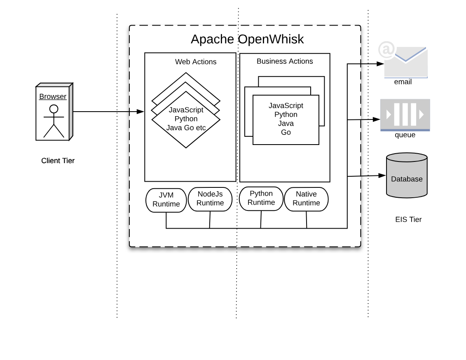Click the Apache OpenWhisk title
(x=247, y=39)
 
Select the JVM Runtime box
(x=166, y=200)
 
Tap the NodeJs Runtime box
(x=210, y=199)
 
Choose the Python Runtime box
(x=261, y=199)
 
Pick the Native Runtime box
(x=306, y=199)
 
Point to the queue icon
(x=405, y=114)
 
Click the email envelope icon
(x=406, y=63)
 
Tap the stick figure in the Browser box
(x=54, y=121)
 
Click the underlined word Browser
(x=53, y=96)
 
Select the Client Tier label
(x=58, y=161)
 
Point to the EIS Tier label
(x=408, y=220)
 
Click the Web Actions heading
(x=196, y=62)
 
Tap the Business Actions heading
(x=285, y=61)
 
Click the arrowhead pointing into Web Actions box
(x=141, y=112)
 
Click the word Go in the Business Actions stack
(x=286, y=132)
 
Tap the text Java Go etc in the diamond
(x=186, y=128)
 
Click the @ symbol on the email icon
(x=386, y=50)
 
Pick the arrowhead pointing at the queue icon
(x=376, y=119)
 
